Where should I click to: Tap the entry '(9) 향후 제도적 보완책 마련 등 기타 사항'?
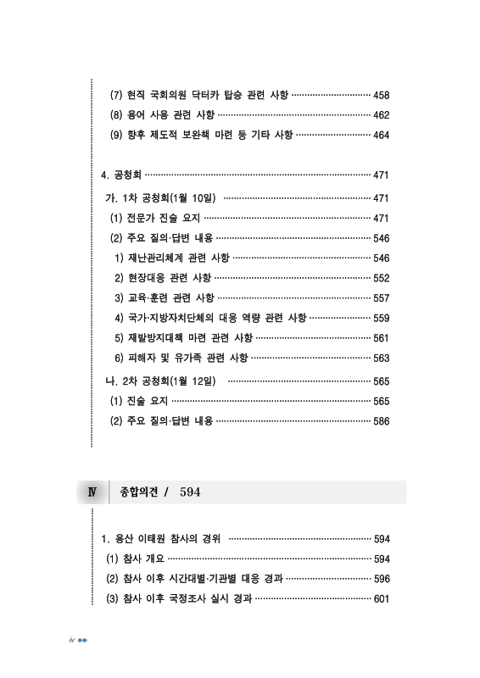[x=202, y=135]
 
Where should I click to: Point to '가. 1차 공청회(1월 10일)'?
[x=159, y=197]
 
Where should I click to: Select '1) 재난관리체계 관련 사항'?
[x=170, y=258]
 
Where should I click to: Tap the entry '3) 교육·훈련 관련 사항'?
[x=164, y=298]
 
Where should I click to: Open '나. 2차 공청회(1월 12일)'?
[x=159, y=381]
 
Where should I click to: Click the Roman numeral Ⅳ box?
[x=92, y=492]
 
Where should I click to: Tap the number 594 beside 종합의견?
[x=191, y=492]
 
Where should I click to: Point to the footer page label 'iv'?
[x=71, y=638]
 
